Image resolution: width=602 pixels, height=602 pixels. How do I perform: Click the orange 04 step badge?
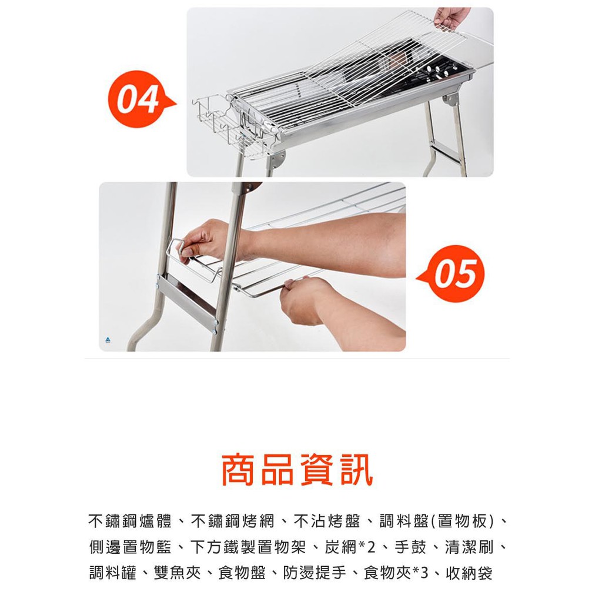tap(139, 99)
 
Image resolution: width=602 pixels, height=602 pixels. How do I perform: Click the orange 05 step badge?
tap(453, 273)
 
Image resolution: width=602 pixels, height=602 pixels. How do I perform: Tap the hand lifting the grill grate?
tap(451, 18)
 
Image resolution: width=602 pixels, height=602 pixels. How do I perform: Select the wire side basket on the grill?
tap(226, 127)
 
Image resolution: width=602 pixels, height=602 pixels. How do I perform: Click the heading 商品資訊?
tap(297, 470)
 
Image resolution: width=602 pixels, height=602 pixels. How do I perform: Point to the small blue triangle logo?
tap(108, 339)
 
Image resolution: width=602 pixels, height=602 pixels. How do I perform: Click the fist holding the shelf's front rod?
tap(303, 299)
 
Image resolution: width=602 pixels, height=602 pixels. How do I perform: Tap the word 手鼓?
tap(410, 547)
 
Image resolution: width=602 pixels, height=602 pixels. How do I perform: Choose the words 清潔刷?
tap(469, 547)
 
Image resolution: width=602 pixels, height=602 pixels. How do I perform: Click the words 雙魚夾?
tap(177, 573)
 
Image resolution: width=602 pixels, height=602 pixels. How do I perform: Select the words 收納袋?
tap(469, 573)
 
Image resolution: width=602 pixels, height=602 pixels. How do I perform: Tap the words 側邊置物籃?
tap(130, 547)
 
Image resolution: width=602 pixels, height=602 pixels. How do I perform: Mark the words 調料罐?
tap(112, 573)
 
